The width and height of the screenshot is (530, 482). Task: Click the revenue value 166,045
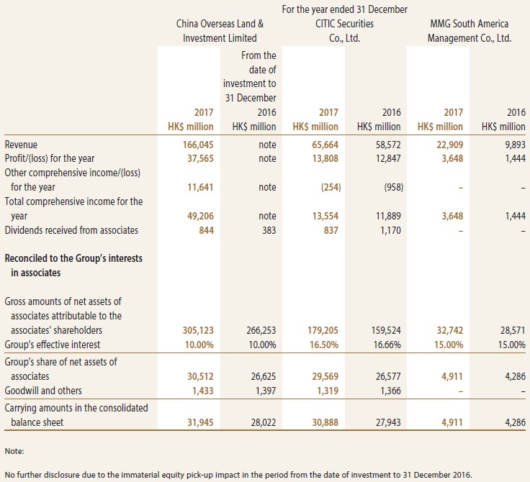coord(198,145)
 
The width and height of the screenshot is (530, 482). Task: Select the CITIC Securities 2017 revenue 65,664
coord(325,145)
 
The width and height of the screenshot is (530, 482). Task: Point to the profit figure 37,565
coord(200,158)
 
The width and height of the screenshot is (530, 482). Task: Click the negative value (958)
coord(393,187)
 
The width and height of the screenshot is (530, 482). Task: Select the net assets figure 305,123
coord(198,330)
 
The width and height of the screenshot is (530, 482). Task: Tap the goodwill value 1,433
coord(202,391)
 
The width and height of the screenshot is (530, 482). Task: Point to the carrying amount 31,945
coord(200,422)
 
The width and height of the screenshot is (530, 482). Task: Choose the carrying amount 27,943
coord(388,422)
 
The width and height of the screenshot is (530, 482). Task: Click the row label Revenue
coord(21,145)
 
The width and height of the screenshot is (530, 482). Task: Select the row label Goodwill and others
coord(43,391)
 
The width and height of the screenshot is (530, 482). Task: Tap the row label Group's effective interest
coord(53,345)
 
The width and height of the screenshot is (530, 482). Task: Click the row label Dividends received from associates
coord(71,230)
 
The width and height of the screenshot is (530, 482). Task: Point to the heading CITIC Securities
coord(344,24)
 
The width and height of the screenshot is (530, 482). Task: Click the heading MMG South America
coord(470,24)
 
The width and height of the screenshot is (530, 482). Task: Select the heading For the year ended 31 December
coord(345,9)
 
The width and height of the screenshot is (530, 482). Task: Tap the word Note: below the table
coord(14,451)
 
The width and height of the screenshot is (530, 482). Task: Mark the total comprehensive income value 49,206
coord(200,216)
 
